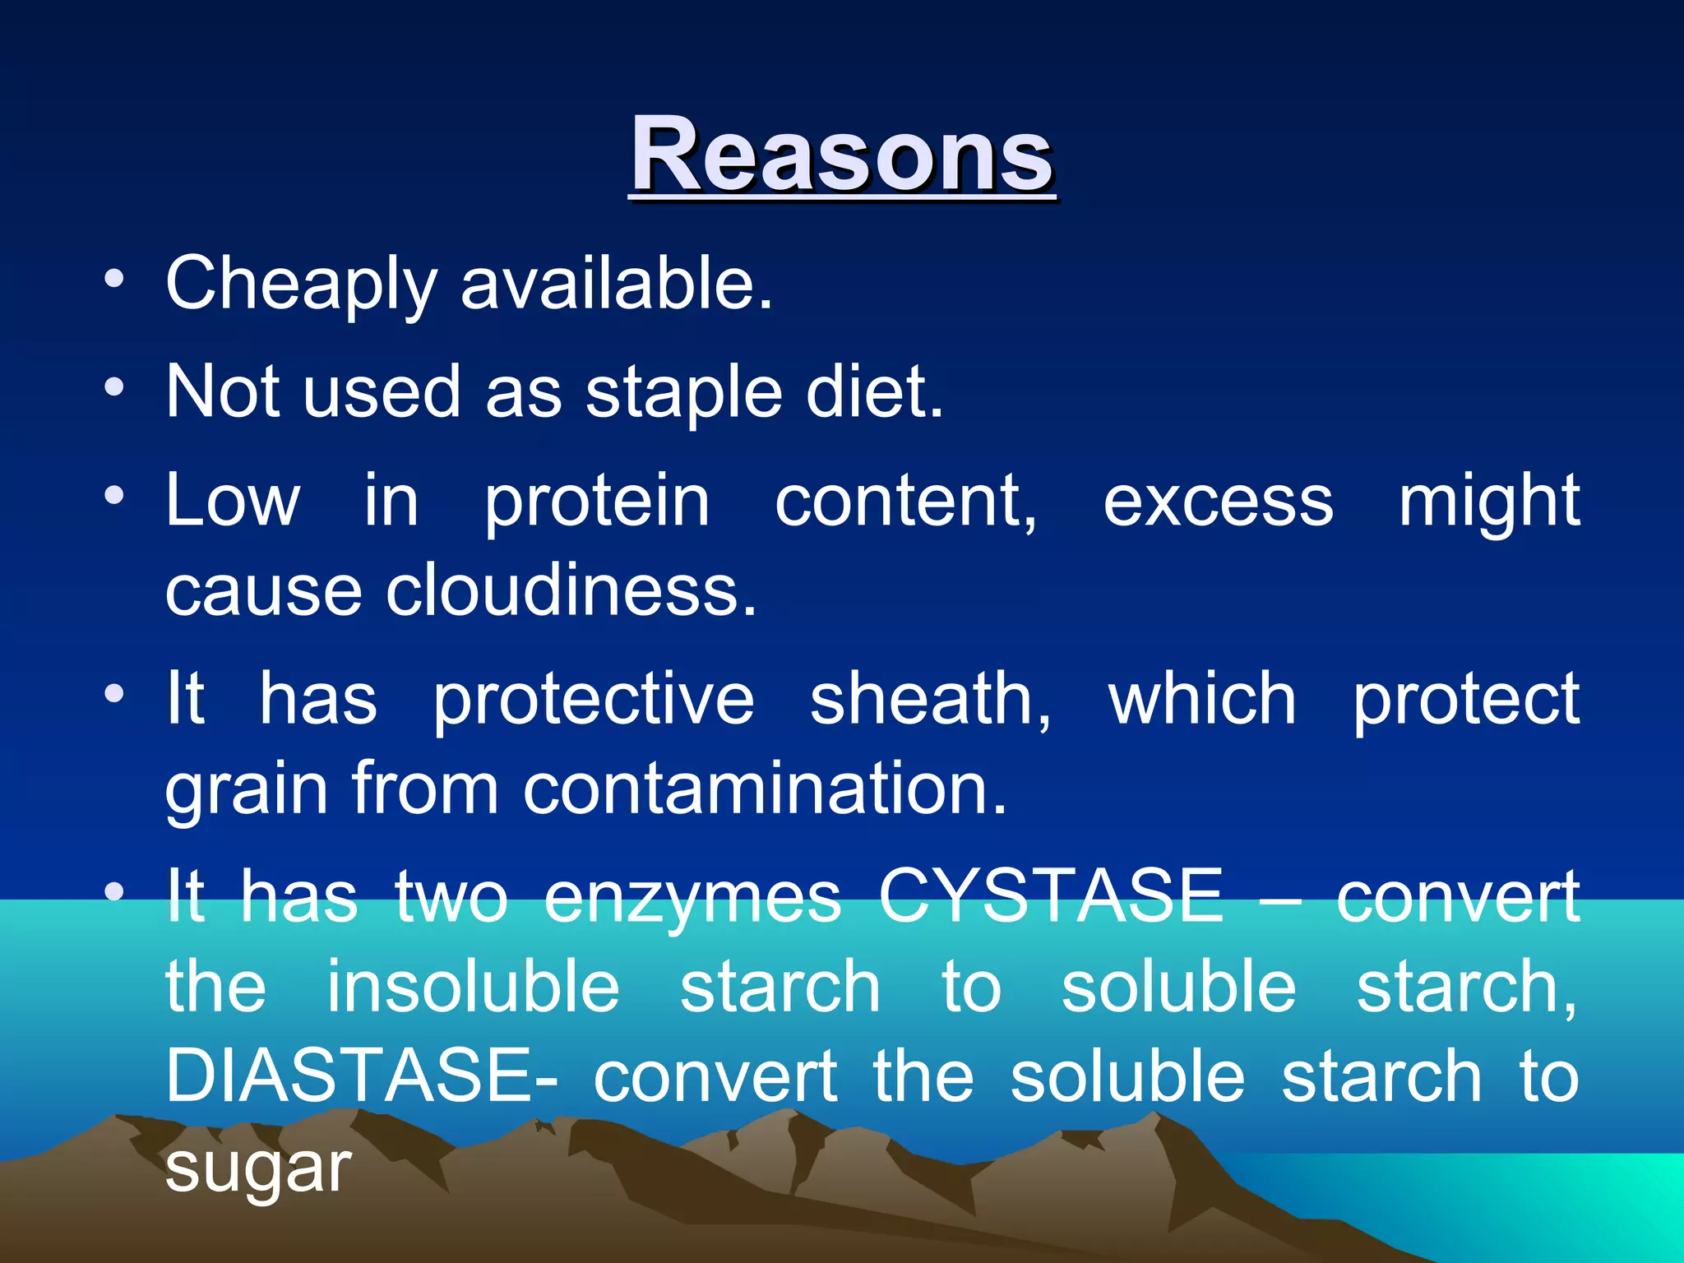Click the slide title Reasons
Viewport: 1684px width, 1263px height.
click(x=841, y=155)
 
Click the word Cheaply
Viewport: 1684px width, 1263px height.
click(x=301, y=285)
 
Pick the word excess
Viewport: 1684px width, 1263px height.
click(x=1218, y=502)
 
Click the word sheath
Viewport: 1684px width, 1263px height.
click(x=930, y=699)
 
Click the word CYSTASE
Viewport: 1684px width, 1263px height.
click(x=1051, y=896)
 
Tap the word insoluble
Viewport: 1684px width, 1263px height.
click(x=474, y=987)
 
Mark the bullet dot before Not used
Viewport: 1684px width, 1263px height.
click(x=114, y=386)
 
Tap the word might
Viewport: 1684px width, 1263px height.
click(x=1488, y=502)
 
